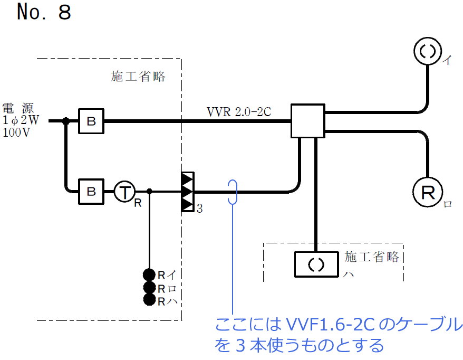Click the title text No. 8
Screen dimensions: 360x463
tap(43, 13)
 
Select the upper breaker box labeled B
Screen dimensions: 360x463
tap(91, 121)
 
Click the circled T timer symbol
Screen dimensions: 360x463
tap(124, 192)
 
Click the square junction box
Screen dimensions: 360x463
tap(307, 121)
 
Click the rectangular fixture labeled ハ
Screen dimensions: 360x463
tap(315, 264)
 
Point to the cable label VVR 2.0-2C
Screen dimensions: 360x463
tap(239, 112)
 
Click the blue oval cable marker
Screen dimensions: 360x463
tap(233, 192)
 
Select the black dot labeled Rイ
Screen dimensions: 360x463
tap(149, 275)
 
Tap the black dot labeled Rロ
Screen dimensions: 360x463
tap(149, 288)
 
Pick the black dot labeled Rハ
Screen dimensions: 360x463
tap(149, 300)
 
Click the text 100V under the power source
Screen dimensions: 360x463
tap(16, 133)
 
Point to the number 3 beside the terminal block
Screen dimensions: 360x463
tap(199, 209)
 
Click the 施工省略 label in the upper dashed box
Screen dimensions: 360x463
tap(138, 77)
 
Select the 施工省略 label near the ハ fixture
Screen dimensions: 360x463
tap(372, 257)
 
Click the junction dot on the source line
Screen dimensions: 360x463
tap(66, 121)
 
